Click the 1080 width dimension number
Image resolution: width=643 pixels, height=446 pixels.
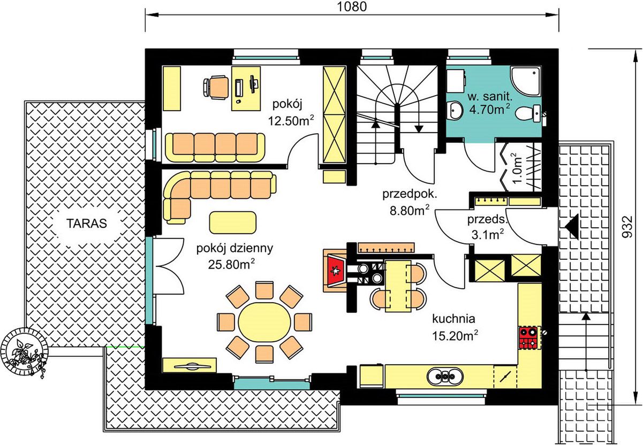coord(352,6)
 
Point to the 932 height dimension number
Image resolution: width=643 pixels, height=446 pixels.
coord(628,226)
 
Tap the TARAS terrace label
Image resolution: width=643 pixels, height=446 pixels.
coord(87,224)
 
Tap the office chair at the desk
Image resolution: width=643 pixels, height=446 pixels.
coord(216,87)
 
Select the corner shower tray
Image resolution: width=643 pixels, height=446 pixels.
coord(526,81)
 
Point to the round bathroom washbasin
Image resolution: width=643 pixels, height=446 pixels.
coord(455,110)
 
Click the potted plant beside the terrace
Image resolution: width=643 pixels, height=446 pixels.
coord(24,352)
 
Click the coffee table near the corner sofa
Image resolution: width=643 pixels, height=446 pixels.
coord(233,222)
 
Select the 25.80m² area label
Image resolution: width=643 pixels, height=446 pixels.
coord(231,264)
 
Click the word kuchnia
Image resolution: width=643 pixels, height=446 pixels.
coord(453,319)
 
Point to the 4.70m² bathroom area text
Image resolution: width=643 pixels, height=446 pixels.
coord(490,109)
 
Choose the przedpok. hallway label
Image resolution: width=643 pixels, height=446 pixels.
coord(410,194)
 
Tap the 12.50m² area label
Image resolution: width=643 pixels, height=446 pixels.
coord(291,121)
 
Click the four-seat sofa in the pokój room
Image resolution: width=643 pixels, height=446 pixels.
coord(215,147)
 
